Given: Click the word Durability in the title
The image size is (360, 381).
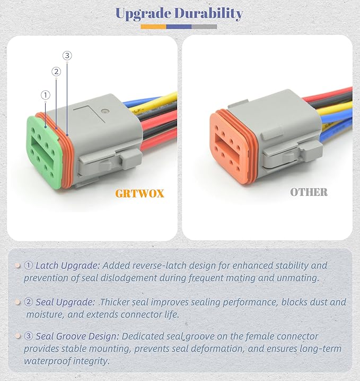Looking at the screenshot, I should [x=210, y=13].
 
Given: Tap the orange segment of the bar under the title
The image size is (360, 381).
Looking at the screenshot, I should [x=153, y=26].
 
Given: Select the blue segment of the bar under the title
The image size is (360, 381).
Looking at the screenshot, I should [x=179, y=26].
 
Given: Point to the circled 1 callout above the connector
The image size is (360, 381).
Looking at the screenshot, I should [x=45, y=95].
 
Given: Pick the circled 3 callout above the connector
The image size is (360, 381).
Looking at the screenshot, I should [x=67, y=55].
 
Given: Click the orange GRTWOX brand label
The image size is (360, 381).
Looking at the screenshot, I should [x=139, y=193].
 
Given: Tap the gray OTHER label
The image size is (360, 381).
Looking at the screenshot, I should [x=309, y=192].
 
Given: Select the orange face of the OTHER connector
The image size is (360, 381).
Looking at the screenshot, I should [x=228, y=146].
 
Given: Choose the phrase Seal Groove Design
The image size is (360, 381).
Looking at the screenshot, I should [x=78, y=336].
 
